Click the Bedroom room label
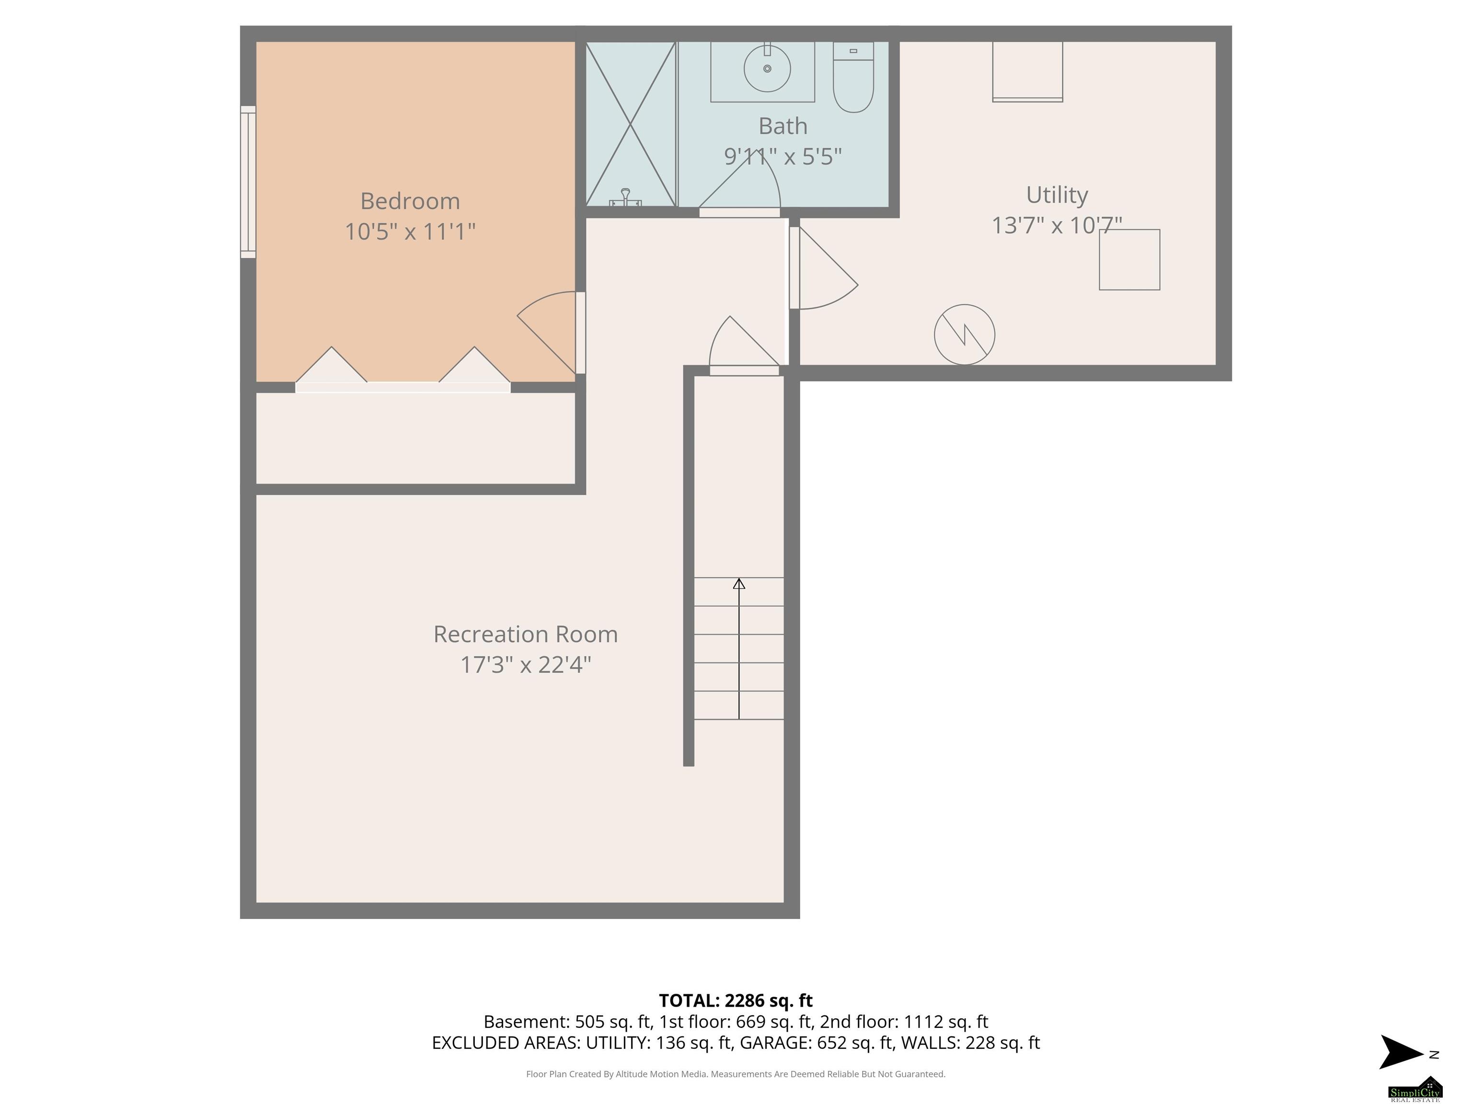coord(410,201)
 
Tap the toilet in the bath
coord(853,77)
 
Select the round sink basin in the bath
coord(767,69)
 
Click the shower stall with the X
coord(630,124)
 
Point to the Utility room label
coord(1057,195)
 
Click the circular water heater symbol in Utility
coord(964,334)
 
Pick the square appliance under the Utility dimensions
coord(1129,260)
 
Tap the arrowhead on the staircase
coord(739,584)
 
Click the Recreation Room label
coord(526,634)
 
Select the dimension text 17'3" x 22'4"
coord(526,665)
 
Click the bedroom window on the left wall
coord(248,182)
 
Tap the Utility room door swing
coord(823,267)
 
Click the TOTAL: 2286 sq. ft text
coord(736,1000)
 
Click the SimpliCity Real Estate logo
coord(1415,1088)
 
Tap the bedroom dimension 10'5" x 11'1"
coord(410,231)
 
